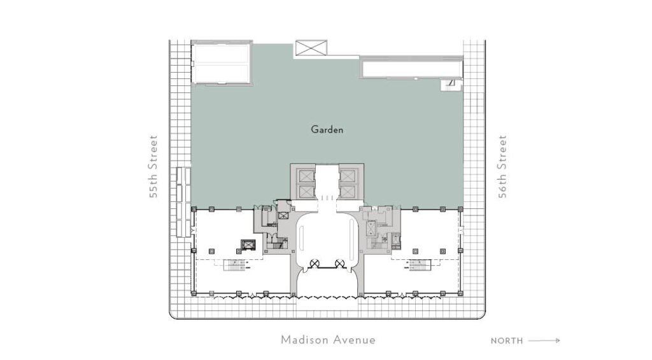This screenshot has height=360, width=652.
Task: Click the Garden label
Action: pos(327,129)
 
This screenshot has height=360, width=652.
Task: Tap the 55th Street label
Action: pos(153,166)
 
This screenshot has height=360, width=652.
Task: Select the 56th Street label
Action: pos(502,166)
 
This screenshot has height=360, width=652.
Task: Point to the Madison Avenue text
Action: pos(328,340)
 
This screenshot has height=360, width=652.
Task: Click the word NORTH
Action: pos(506,341)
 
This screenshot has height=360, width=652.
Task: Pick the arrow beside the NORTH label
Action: pos(544,340)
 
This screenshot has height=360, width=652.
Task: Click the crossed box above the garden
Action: pos(311,47)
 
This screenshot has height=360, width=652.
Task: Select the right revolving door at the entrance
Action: pos(340,263)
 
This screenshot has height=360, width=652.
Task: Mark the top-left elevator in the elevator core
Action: pos(306,176)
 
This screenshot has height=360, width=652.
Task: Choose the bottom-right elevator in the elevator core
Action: pos(347,191)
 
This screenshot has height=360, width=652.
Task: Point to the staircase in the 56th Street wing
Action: pos(418,264)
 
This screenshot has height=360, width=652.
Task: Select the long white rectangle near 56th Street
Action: pos(413,69)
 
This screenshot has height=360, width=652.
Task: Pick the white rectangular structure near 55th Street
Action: pos(221,63)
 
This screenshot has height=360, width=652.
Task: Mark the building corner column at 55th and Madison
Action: pos(194,293)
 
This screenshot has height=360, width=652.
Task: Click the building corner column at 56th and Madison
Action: pos(460,293)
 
